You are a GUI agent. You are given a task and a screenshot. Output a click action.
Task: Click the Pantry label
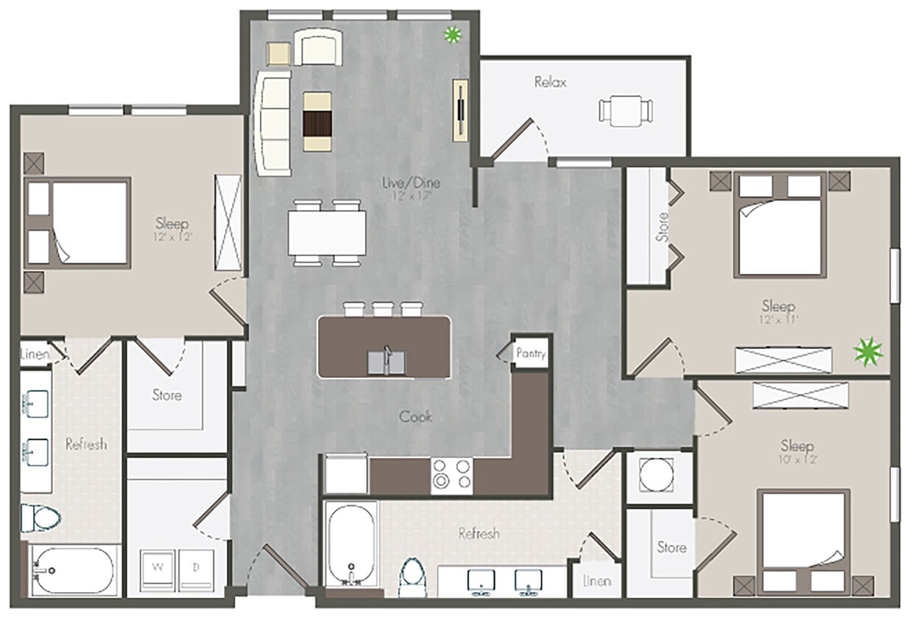pyautogui.click(x=531, y=353)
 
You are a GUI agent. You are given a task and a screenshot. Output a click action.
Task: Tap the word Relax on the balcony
pyautogui.click(x=551, y=82)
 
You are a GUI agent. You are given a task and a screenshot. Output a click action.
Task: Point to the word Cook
pyautogui.click(x=415, y=417)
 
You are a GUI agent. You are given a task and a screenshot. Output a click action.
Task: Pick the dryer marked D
pyautogui.click(x=195, y=567)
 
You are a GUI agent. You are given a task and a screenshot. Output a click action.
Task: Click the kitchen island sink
pyautogui.click(x=386, y=362)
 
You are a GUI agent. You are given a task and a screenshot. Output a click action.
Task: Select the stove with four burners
pyautogui.click(x=451, y=474)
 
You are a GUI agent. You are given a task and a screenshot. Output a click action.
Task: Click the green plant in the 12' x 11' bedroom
pyautogui.click(x=868, y=351)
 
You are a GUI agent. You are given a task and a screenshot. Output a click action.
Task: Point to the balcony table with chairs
pyautogui.click(x=626, y=111)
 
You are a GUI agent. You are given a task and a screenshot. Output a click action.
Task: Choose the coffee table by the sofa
pyautogui.click(x=318, y=121)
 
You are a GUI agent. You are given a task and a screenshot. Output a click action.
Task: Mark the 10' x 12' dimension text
pyautogui.click(x=797, y=459)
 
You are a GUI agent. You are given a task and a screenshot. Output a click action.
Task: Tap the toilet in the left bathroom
pyautogui.click(x=38, y=517)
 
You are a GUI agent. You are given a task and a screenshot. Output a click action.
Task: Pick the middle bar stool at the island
pyautogui.click(x=383, y=309)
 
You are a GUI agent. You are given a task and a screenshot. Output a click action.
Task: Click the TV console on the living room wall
pyautogui.click(x=461, y=109)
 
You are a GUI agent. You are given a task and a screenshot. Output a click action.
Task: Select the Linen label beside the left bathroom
pyautogui.click(x=35, y=355)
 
